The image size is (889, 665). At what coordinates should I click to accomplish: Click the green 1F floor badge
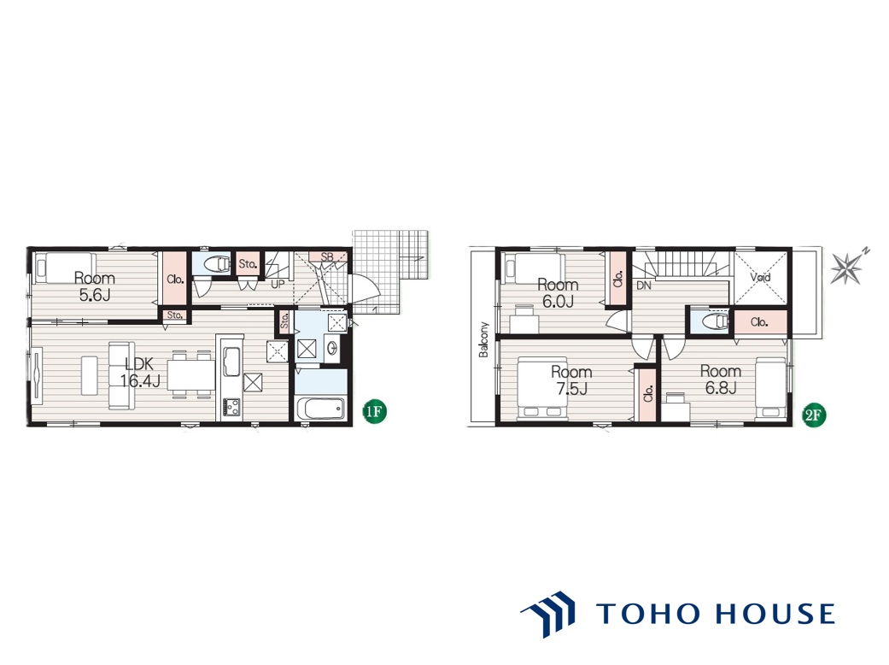(x=374, y=411)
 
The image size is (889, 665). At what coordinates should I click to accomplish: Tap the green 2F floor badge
(x=813, y=415)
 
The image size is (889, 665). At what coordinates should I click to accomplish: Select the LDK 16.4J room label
(x=139, y=372)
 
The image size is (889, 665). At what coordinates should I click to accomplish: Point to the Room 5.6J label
(x=95, y=286)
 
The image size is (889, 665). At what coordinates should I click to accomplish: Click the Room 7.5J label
(x=571, y=380)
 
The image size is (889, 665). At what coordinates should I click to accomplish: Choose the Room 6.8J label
(x=721, y=379)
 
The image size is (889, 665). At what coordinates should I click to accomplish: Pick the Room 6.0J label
(x=558, y=293)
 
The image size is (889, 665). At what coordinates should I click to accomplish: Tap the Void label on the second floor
(x=760, y=278)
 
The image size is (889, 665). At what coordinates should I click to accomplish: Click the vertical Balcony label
(x=483, y=340)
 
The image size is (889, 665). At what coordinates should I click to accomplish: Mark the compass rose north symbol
(x=848, y=267)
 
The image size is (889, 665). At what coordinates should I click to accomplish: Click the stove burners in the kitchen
(x=232, y=406)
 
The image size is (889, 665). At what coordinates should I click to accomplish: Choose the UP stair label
(x=278, y=284)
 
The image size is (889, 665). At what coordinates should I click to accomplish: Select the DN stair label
(x=644, y=285)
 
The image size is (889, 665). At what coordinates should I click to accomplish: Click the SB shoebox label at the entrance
(x=327, y=257)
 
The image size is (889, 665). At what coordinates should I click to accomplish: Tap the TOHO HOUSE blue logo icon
(x=548, y=614)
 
